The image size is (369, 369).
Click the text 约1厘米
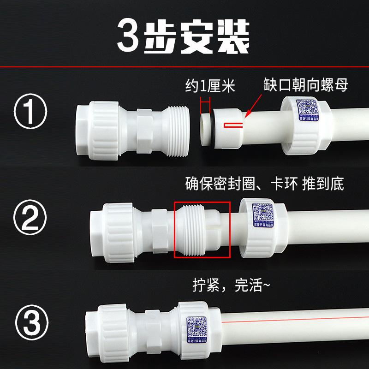point(204,85)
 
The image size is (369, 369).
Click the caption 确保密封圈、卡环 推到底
point(262,184)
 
